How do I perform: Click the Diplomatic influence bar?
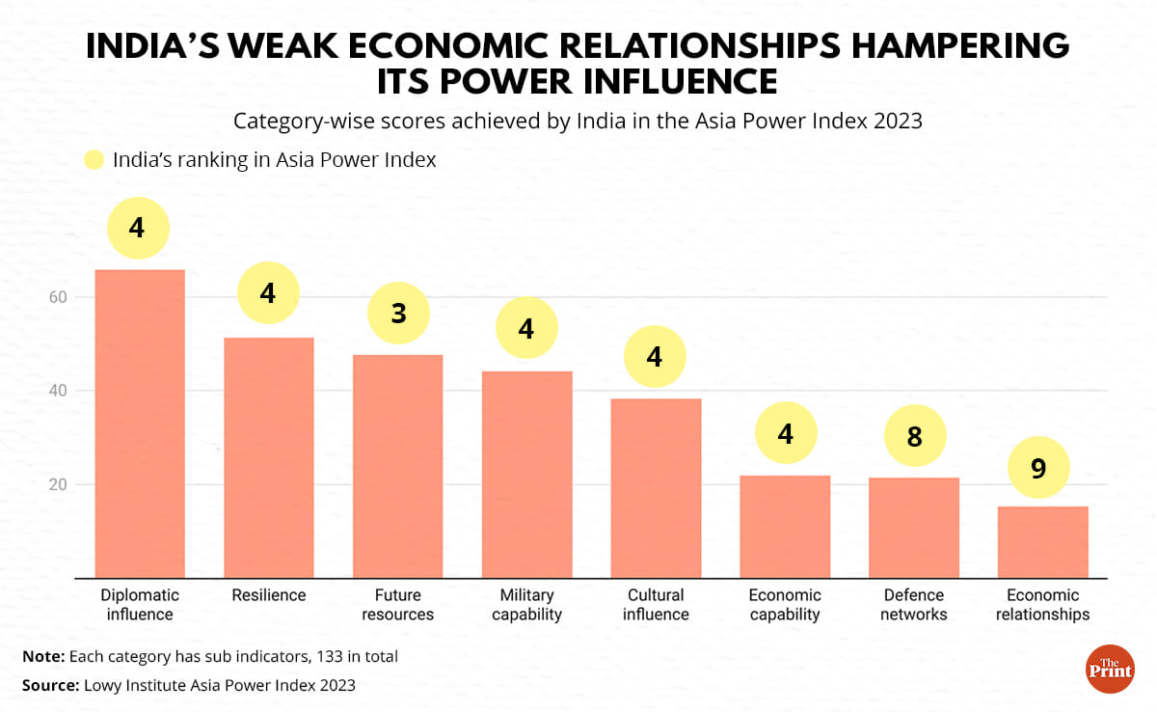click(x=139, y=424)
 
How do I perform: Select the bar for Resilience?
click(x=268, y=458)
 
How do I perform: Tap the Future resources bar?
click(x=397, y=467)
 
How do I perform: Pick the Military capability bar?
click(x=526, y=475)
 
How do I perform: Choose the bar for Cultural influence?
click(x=656, y=488)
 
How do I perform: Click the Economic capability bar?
click(x=785, y=527)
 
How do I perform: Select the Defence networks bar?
click(x=914, y=528)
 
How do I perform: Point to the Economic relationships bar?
click(x=1042, y=542)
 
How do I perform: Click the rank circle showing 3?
click(x=398, y=314)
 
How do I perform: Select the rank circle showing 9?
click(x=1038, y=469)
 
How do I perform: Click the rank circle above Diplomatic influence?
click(x=137, y=228)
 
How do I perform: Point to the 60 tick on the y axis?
click(x=58, y=297)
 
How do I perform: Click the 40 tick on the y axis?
click(x=58, y=391)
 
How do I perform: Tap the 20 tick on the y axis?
click(x=58, y=484)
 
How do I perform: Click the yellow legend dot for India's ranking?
click(x=94, y=161)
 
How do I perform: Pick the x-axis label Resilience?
click(x=268, y=595)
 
